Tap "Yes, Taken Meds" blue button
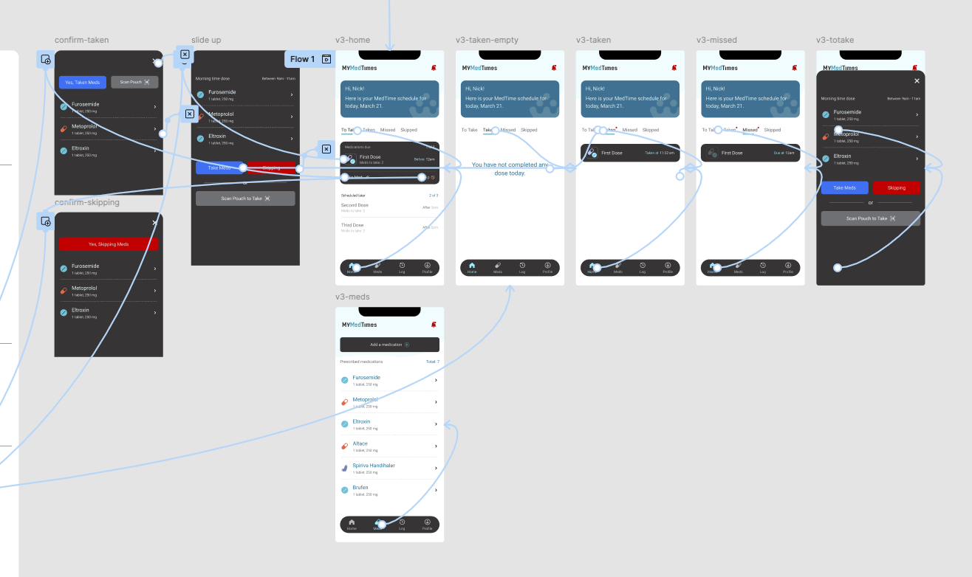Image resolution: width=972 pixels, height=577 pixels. tap(83, 82)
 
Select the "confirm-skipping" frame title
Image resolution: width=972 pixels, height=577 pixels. tap(87, 202)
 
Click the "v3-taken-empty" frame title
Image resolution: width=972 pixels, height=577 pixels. tap(487, 40)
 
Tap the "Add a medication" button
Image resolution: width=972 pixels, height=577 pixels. tap(389, 345)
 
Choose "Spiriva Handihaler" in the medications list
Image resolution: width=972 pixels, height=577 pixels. tap(374, 466)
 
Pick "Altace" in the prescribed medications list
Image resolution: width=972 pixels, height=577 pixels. tap(360, 443)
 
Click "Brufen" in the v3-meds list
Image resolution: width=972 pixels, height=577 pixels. tap(360, 488)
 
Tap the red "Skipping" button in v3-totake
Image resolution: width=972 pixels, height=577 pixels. tap(896, 188)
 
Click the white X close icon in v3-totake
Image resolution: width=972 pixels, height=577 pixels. tap(917, 81)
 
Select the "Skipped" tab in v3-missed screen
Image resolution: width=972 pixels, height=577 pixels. tap(772, 130)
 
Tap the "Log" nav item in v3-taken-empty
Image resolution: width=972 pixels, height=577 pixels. tap(522, 267)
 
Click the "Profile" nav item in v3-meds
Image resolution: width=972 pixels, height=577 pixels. tap(427, 525)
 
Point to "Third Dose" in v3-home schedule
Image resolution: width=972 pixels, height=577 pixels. tap(352, 225)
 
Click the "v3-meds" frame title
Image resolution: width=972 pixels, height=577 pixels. tap(352, 297)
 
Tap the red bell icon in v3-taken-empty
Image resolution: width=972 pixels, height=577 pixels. tap(553, 68)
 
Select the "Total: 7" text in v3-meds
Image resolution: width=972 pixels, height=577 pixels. tap(432, 362)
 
